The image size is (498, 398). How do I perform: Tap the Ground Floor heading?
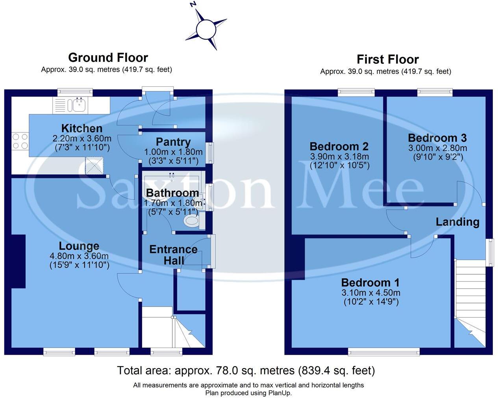(108, 58)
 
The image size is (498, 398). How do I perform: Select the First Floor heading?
(387, 60)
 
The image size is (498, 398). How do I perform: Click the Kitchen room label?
(82, 128)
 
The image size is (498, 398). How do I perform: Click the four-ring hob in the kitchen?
(20, 141)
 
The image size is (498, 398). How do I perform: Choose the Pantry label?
(173, 142)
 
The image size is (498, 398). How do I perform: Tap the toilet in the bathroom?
(192, 221)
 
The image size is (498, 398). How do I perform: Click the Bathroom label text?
(172, 193)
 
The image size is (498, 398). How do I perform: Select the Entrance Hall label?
(173, 255)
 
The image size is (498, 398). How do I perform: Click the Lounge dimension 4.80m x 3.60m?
(79, 256)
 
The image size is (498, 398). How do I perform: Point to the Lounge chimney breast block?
(19, 261)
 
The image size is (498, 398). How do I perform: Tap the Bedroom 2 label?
(339, 147)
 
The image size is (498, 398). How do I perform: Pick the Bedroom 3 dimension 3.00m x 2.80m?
(437, 148)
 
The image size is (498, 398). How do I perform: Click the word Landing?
(457, 222)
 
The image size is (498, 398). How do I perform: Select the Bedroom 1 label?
(370, 283)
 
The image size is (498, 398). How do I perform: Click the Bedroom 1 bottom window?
(384, 351)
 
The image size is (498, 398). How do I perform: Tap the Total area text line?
(246, 370)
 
